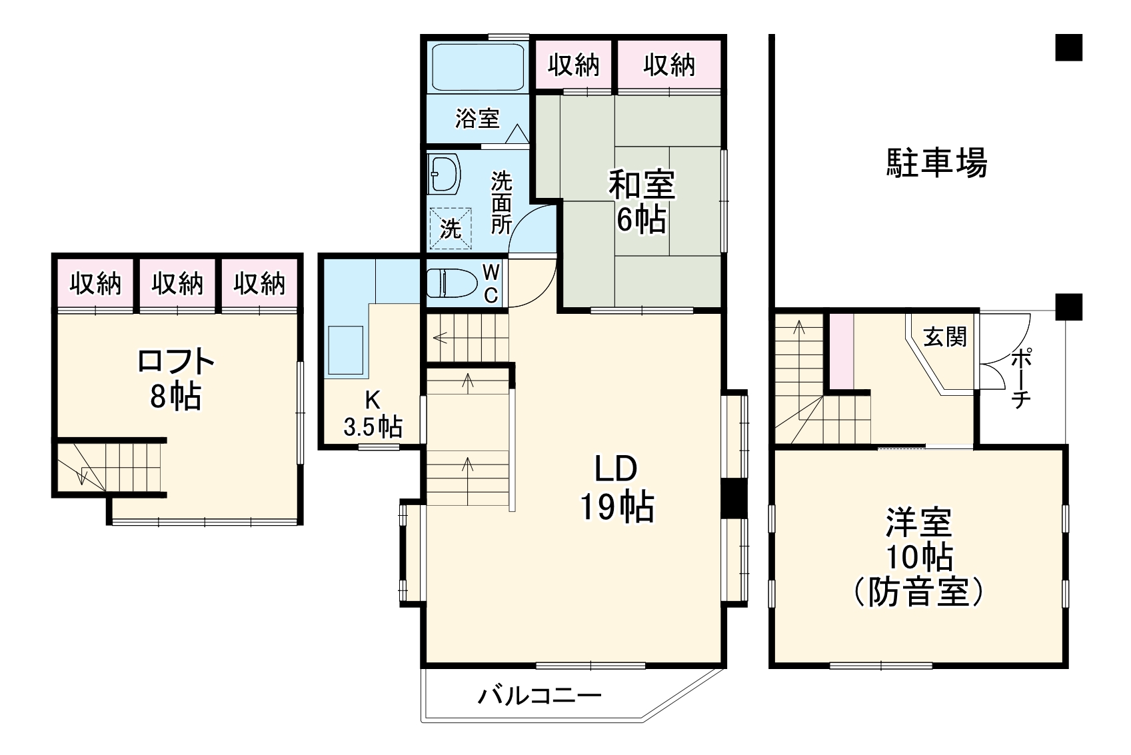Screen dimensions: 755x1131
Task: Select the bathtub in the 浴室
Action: [x=477, y=67]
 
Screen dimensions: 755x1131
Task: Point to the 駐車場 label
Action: [x=936, y=163]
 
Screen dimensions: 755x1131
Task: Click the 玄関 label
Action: [x=944, y=337]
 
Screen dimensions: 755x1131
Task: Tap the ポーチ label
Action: [x=1020, y=378]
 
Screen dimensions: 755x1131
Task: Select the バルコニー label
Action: [x=539, y=697]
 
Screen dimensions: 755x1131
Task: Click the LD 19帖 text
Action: [x=616, y=490]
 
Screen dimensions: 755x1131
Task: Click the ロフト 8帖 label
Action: [x=175, y=379]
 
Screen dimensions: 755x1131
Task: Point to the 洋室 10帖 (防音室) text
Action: [x=918, y=557]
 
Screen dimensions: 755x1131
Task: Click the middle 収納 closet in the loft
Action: [x=177, y=285]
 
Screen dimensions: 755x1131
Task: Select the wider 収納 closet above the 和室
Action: [x=669, y=65]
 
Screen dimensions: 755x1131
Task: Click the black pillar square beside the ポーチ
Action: [x=1069, y=307]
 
